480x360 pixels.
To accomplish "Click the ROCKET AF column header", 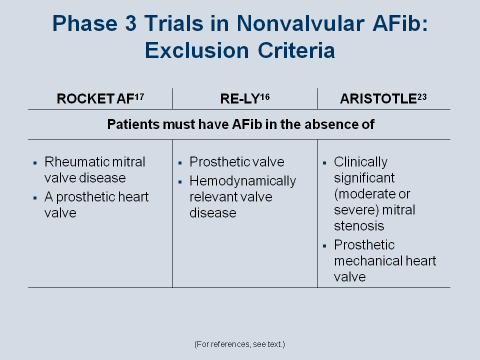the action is point(100,98).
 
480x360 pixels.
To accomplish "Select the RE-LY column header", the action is point(244,98).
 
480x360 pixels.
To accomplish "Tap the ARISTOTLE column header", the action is point(383,98).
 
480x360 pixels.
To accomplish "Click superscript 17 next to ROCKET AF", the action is point(139,97).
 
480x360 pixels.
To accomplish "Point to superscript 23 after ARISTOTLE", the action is point(422,97).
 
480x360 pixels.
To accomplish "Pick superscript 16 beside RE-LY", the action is point(265,97).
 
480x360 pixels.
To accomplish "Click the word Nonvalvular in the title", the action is point(300,23).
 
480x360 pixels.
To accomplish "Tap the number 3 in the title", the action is point(130,23).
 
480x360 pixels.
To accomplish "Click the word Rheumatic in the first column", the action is point(76,161).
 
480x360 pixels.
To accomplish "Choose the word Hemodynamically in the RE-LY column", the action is point(243,181).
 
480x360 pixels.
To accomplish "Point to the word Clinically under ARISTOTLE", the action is point(360,162).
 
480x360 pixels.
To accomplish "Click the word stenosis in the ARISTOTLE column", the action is point(359,226).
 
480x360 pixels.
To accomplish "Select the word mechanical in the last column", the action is point(368,261).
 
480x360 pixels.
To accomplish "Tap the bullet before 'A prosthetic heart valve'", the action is point(35,198).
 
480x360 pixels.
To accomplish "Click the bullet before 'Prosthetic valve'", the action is point(180,163).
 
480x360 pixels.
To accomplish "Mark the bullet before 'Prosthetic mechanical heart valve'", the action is point(325,246).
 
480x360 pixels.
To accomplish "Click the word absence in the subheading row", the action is point(330,124).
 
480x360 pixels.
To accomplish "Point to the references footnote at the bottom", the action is point(239,344).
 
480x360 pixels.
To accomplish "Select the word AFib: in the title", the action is point(400,23).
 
